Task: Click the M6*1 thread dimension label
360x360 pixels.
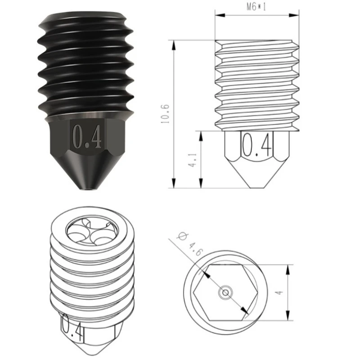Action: [256, 7]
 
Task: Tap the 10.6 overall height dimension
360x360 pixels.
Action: [165, 114]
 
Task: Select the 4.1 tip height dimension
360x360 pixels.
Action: [193, 160]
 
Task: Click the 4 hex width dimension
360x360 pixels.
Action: [279, 292]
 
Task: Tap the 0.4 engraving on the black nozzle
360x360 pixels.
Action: [87, 137]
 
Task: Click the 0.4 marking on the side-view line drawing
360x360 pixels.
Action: [257, 145]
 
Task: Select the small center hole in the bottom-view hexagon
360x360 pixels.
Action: [225, 292]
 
